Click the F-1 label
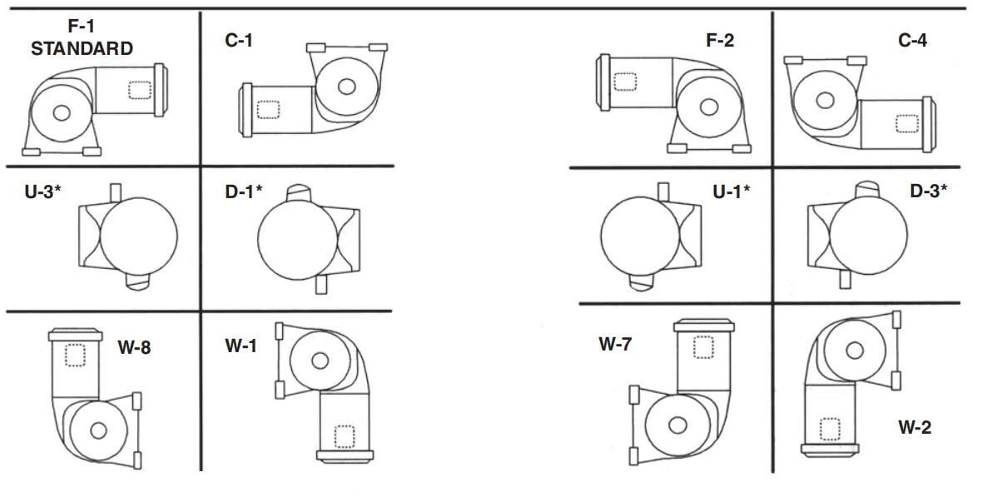tap(82, 27)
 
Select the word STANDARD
tap(82, 48)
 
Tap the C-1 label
tap(239, 40)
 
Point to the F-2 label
tap(720, 40)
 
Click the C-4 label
tap(912, 40)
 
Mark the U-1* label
tap(731, 191)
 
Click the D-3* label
tap(928, 191)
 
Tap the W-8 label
tap(133, 348)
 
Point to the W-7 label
tap(617, 343)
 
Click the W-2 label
tap(914, 428)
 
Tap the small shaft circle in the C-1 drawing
tap(346, 86)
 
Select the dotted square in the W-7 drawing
tap(703, 346)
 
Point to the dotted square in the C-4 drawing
tap(906, 123)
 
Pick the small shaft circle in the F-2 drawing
tap(709, 107)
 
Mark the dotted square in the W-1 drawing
tap(344, 435)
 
